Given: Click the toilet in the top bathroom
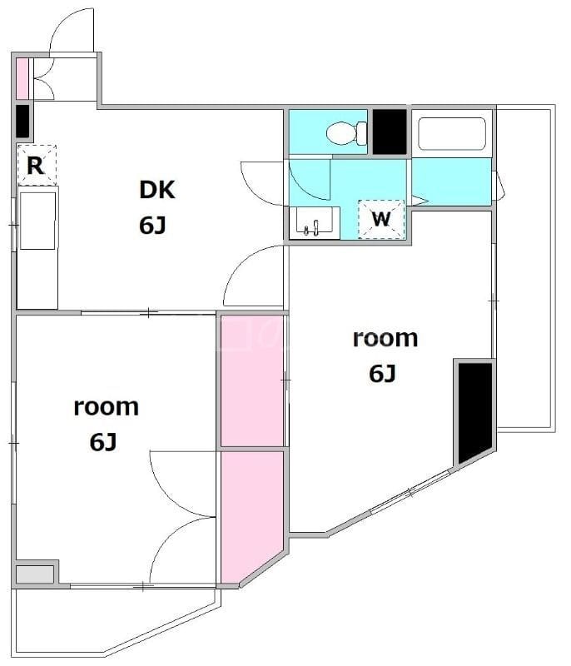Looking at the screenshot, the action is [x=347, y=133].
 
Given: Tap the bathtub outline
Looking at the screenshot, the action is [x=452, y=134].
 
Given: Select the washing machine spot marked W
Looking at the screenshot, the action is [x=381, y=219].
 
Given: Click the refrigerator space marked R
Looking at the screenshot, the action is [x=37, y=165].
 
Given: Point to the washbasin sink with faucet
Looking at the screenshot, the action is [x=314, y=222].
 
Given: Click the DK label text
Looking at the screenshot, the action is [x=157, y=190].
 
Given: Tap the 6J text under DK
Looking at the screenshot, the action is [x=152, y=225].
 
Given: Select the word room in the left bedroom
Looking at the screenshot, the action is [x=107, y=407].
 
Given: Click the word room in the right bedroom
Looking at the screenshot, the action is [x=385, y=339].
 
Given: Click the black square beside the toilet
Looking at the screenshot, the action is [x=390, y=132].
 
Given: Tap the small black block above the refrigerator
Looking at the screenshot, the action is [x=23, y=121].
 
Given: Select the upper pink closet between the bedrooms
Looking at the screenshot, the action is [x=252, y=381].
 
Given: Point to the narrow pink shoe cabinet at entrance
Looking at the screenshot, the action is [x=22, y=78].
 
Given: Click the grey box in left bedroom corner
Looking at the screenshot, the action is [x=35, y=574].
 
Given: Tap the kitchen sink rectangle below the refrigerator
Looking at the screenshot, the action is [x=37, y=221].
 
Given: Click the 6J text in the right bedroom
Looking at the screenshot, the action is [x=382, y=374].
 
